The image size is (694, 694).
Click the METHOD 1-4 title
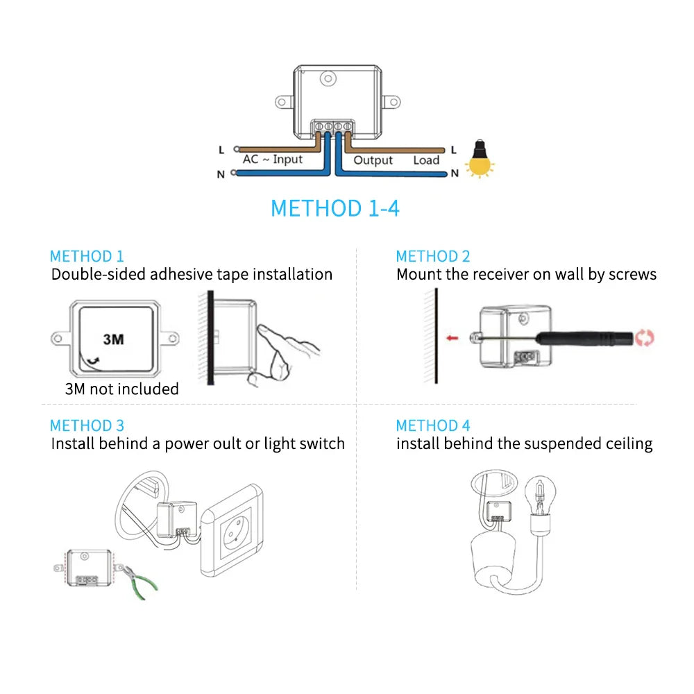click(x=335, y=208)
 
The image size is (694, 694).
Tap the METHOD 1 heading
click(x=87, y=256)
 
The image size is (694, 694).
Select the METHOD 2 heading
click(x=433, y=256)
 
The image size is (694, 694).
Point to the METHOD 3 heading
click(x=87, y=425)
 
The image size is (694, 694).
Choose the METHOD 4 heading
click(x=433, y=425)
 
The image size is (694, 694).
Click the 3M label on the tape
click(x=113, y=339)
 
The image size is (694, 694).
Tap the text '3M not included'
click(x=121, y=389)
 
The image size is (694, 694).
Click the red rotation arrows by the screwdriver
click(x=645, y=338)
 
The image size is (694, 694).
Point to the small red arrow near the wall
click(x=452, y=338)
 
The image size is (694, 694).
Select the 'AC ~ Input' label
click(x=273, y=160)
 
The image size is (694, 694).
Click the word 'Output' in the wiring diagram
click(x=373, y=160)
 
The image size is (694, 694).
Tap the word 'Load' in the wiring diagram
click(x=426, y=160)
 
